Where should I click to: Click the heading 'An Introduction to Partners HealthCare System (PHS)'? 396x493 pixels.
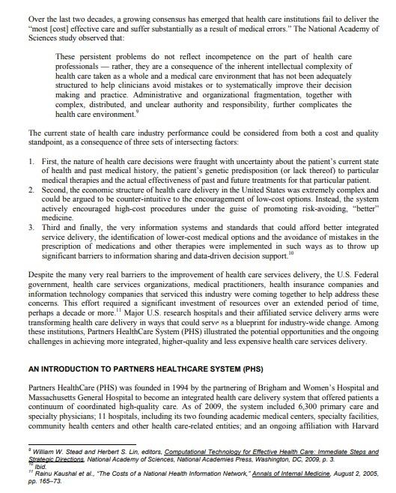[135, 369]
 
